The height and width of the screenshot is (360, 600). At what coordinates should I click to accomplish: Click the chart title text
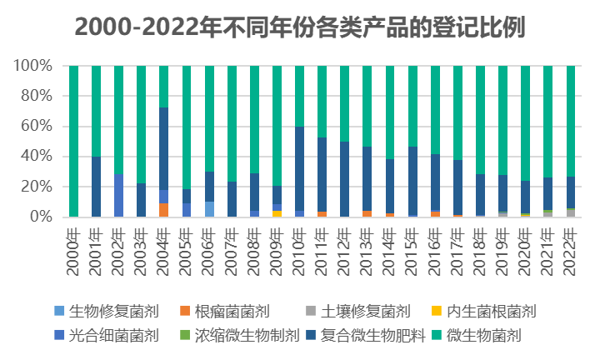coord(300,27)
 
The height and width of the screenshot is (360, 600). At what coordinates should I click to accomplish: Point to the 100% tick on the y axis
coord(35,66)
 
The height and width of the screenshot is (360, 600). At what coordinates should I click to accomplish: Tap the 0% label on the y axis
coord(42,217)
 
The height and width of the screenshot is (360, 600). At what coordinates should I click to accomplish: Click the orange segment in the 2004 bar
coord(164,210)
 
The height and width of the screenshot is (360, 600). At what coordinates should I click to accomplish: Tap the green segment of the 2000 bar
coord(74,142)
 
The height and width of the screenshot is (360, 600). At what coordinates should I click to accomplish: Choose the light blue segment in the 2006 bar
coord(209,209)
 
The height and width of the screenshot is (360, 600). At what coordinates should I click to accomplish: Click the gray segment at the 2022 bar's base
coord(571,213)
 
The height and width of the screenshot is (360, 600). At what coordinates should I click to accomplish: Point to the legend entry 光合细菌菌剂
coord(117,336)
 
